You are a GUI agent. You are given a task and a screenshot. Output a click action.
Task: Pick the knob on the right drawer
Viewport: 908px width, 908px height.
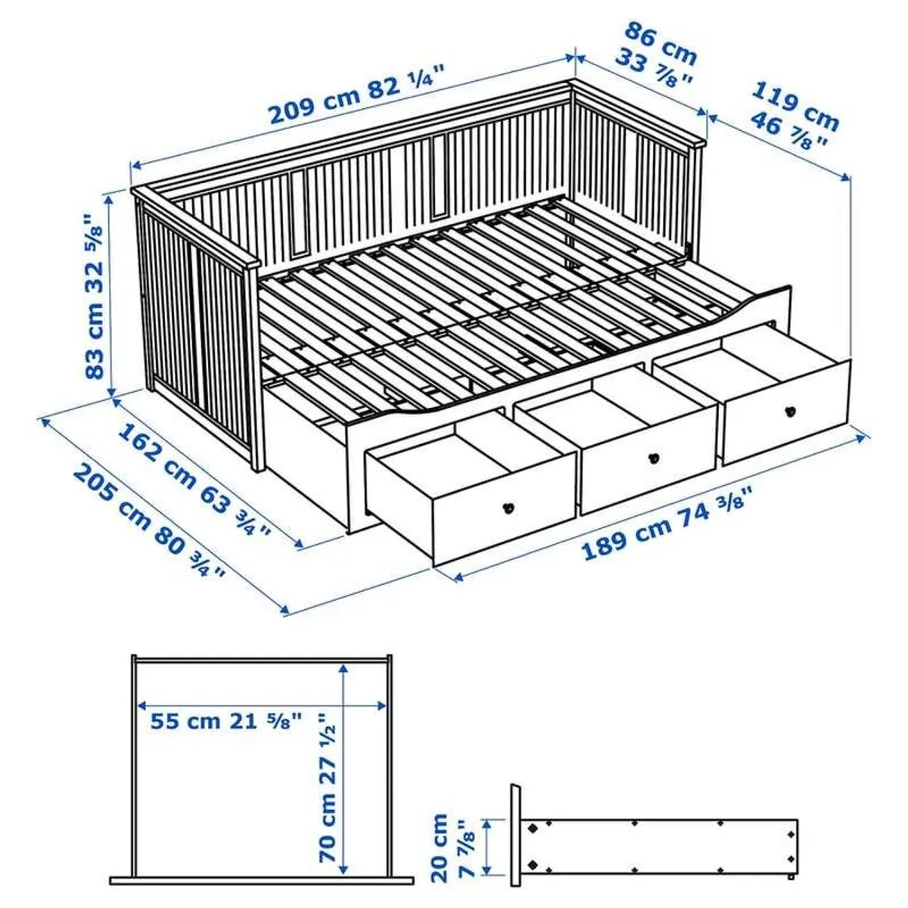pyautogui.click(x=790, y=409)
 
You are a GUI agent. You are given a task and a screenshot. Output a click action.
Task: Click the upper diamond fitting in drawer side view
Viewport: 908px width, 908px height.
pyautogui.click(x=533, y=828)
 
